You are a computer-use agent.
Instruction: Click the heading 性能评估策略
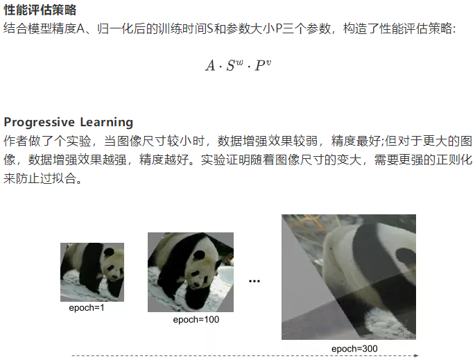(40, 10)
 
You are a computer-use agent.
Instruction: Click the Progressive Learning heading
(69, 122)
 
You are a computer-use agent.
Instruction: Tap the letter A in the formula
(210, 66)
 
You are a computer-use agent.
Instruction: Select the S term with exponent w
(235, 65)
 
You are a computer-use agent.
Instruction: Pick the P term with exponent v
(263, 65)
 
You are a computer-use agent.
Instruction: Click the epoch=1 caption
(87, 308)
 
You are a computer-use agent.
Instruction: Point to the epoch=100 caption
(196, 320)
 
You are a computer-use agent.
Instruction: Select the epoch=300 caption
(354, 349)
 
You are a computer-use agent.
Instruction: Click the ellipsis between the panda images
(254, 282)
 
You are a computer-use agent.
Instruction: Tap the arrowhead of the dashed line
(417, 355)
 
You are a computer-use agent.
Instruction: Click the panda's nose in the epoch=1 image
(115, 277)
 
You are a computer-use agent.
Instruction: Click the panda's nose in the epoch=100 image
(196, 284)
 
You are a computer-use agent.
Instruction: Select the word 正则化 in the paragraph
(454, 160)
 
